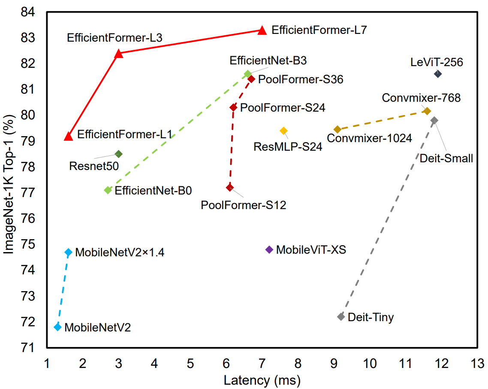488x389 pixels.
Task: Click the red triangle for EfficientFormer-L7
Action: pyautogui.click(x=262, y=30)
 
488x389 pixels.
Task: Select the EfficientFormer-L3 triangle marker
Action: pyautogui.click(x=119, y=54)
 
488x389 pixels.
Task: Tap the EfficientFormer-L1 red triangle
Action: pyautogui.click(x=69, y=136)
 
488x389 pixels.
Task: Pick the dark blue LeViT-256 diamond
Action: pyautogui.click(x=437, y=74)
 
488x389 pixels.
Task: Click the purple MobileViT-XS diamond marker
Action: pyautogui.click(x=269, y=249)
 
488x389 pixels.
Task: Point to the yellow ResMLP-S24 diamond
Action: pyautogui.click(x=283, y=131)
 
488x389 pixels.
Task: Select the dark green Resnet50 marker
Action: pyautogui.click(x=119, y=154)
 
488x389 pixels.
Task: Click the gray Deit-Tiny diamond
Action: pyautogui.click(x=341, y=317)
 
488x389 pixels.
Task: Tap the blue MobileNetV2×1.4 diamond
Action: pyautogui.click(x=69, y=252)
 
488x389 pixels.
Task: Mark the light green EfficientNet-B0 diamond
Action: pyautogui.click(x=108, y=190)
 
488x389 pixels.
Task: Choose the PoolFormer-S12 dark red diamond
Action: pyautogui.click(x=230, y=188)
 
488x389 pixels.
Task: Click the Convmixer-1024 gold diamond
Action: pyautogui.click(x=337, y=130)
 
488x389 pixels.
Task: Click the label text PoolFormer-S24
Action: pyautogui.click(x=283, y=108)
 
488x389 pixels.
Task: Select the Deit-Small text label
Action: pyautogui.click(x=446, y=158)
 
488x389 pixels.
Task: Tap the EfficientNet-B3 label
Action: pyautogui.click(x=268, y=61)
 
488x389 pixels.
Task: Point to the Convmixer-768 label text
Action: pyautogui.click(x=421, y=98)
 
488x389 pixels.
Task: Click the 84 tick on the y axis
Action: pyautogui.click(x=28, y=12)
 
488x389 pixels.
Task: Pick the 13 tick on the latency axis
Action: pyautogui.click(x=477, y=363)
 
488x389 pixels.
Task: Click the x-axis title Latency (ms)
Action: pyautogui.click(x=262, y=380)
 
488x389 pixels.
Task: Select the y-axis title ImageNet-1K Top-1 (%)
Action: pyautogui.click(x=9, y=184)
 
